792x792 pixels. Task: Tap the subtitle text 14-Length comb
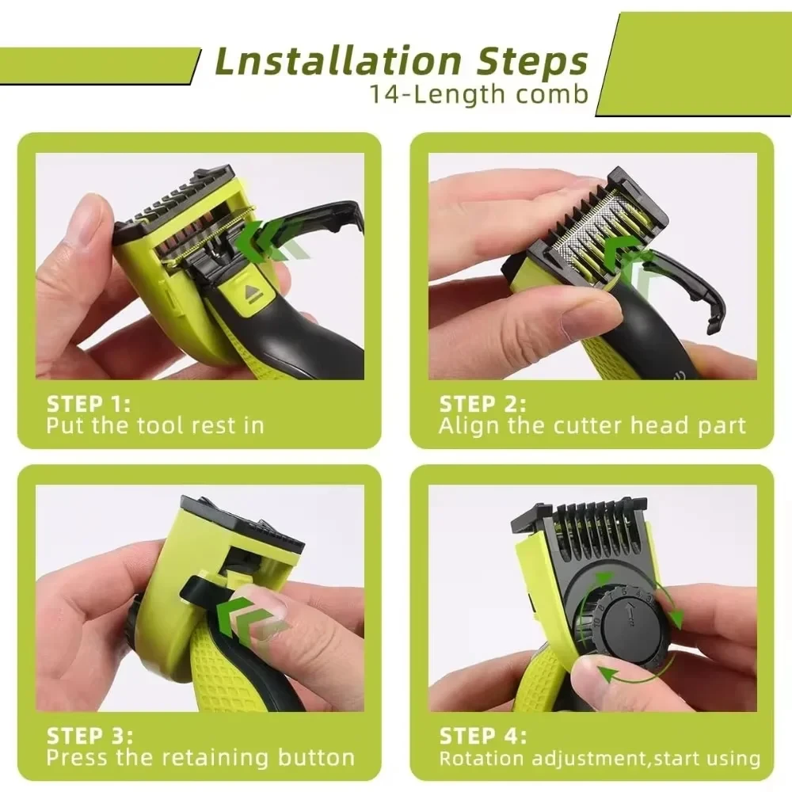479,94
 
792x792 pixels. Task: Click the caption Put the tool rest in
154,425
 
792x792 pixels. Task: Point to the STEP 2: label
482,403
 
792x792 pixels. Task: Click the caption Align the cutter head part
592,425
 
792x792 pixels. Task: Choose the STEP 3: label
89,735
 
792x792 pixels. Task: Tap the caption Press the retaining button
200,757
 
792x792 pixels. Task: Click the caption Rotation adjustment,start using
600,758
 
